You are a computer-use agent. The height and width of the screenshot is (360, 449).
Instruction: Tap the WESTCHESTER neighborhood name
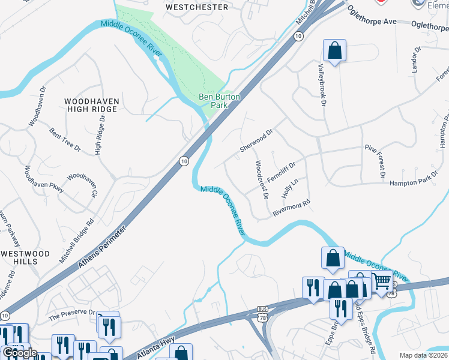tap(197, 7)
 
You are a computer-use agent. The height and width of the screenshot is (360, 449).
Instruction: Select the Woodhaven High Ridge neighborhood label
tap(92, 105)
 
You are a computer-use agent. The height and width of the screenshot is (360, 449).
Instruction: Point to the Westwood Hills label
tap(25, 258)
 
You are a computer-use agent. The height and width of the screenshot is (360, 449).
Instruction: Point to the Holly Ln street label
tap(290, 188)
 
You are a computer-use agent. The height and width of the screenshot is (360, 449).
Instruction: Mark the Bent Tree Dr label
tap(65, 139)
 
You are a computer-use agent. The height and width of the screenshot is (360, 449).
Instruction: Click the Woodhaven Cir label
tap(82, 185)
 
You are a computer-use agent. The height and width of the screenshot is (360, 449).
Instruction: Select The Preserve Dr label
tap(72, 314)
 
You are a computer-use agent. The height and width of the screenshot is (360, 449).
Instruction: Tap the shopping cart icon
tap(382, 282)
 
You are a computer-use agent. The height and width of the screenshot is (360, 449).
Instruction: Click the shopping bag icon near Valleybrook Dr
tap(335, 50)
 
